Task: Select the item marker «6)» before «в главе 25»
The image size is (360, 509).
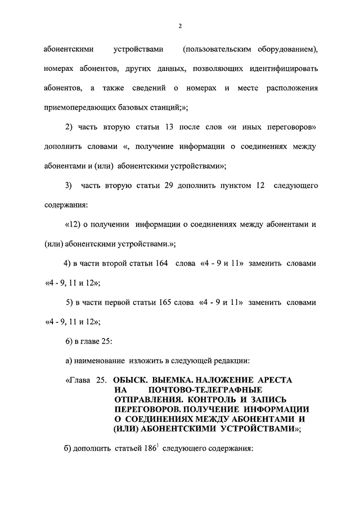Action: coord(70,341)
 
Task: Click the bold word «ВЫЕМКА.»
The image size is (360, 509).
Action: coord(171,380)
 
